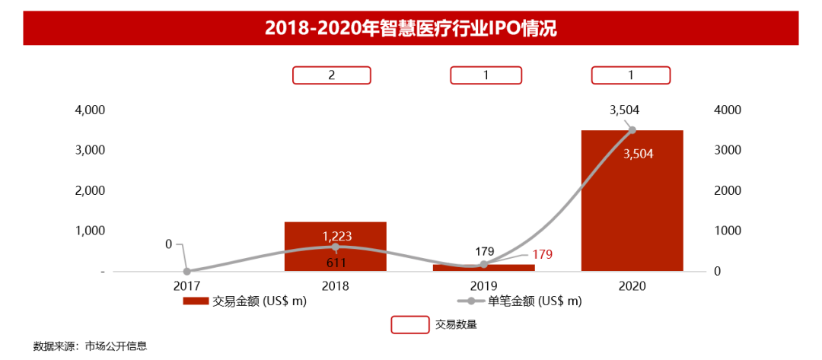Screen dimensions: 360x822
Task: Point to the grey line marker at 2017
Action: (x=186, y=271)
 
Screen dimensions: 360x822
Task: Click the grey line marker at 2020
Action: (x=632, y=130)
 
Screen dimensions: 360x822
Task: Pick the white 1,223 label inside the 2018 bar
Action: (x=336, y=235)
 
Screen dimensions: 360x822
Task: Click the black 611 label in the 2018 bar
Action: (x=336, y=263)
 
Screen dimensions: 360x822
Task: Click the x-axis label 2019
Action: (x=484, y=286)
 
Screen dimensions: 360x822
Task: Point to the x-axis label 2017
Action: (x=186, y=286)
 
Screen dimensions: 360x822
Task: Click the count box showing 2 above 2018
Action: (x=332, y=75)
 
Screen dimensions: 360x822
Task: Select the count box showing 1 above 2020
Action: (x=631, y=75)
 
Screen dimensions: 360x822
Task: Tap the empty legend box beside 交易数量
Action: (x=410, y=325)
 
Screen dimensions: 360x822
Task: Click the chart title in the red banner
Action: (x=410, y=29)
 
